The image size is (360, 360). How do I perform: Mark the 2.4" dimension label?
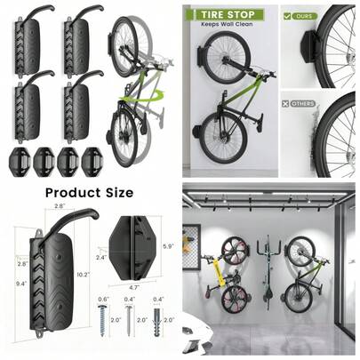100,257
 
